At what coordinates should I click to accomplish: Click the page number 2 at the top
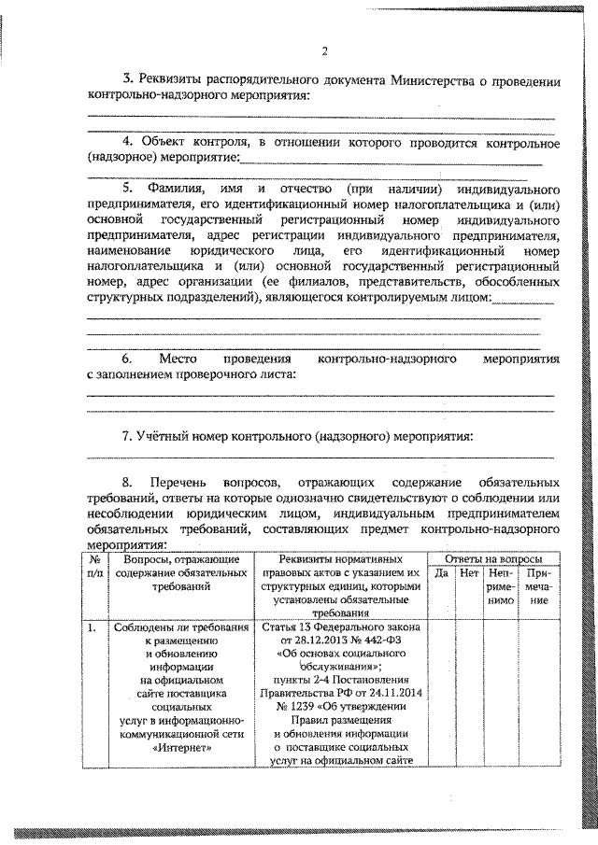[323, 51]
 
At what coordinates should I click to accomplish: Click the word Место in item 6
[175, 359]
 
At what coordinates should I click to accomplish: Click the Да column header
[443, 572]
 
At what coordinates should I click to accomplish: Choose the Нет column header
[470, 572]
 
